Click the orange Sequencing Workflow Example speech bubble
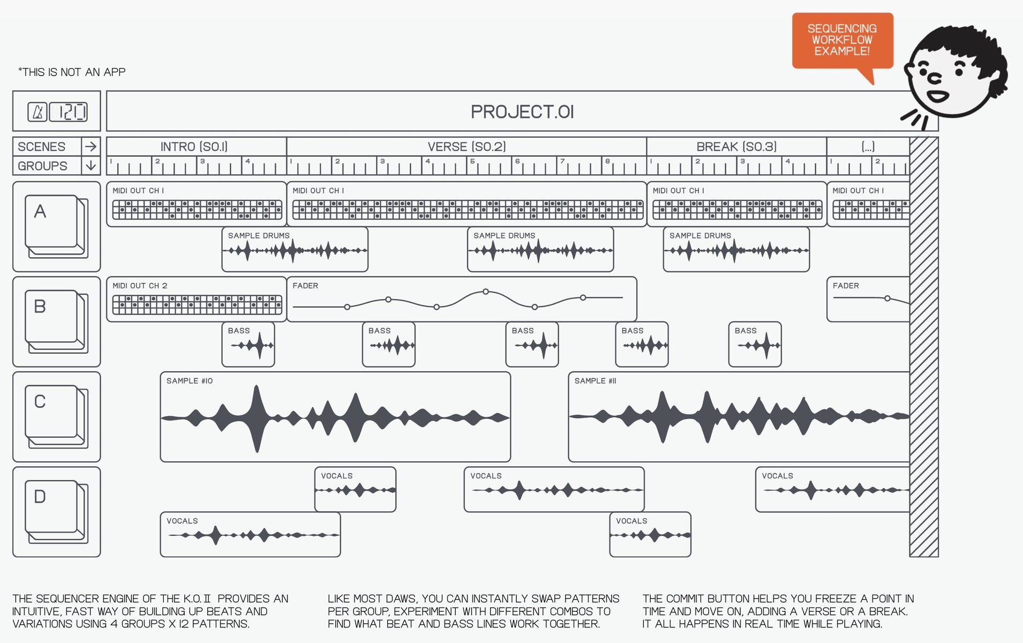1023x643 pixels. coord(843,41)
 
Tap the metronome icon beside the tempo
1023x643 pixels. coord(37,112)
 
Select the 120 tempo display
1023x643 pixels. coord(68,112)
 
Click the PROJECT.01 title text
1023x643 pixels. coord(522,112)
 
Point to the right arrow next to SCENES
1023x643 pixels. coord(91,146)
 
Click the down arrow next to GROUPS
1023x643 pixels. coord(91,166)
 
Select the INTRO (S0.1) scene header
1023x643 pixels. coord(194,147)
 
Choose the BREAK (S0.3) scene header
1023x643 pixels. coord(736,147)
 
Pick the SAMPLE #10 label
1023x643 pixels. coord(190,381)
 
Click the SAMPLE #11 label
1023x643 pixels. coord(596,381)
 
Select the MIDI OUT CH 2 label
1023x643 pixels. coord(140,286)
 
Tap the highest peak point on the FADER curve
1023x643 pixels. coord(486,291)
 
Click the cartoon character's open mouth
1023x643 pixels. coord(938,96)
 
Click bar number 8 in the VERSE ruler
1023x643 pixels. coord(607,161)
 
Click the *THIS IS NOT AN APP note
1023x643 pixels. coord(72,72)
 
